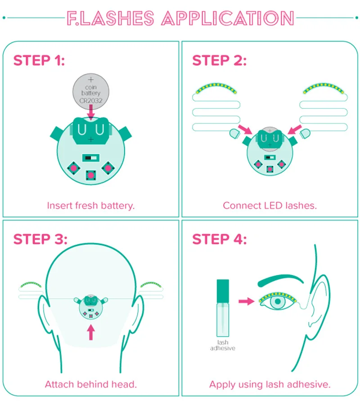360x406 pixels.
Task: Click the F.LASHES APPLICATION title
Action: click(x=180, y=18)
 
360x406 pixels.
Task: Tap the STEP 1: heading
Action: click(x=39, y=61)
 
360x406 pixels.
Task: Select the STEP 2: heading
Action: click(x=219, y=61)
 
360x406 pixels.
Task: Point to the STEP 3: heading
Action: click(x=40, y=239)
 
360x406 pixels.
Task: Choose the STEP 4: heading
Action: click(x=220, y=239)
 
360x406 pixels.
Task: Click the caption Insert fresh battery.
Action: click(x=91, y=206)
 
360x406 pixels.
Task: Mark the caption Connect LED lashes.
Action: click(x=270, y=206)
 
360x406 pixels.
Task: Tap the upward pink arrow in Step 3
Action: click(x=91, y=332)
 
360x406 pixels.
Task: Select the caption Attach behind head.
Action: click(x=91, y=384)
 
